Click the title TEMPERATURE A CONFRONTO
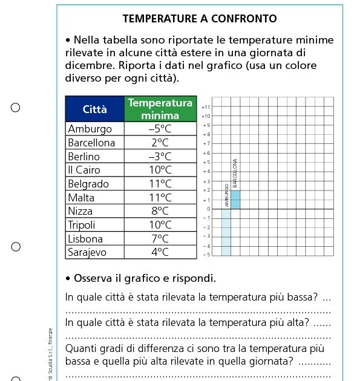200,19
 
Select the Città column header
95,109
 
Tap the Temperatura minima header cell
160,109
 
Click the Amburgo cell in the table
90,129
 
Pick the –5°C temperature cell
160,129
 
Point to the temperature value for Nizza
160,211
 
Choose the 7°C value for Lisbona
160,239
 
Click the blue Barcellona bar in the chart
235,200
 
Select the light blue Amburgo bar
226,232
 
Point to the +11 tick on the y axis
206,106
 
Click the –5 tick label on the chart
206,255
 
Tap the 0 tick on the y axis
208,209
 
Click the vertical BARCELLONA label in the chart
235,173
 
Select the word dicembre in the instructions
88,66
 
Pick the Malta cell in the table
81,198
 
